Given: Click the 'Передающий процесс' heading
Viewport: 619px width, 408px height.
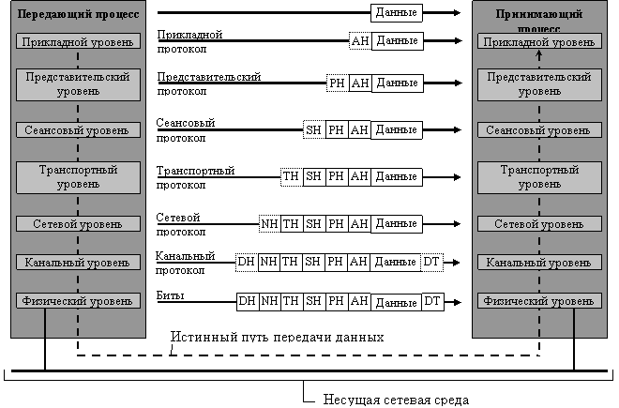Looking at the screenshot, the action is pyautogui.click(x=78, y=14).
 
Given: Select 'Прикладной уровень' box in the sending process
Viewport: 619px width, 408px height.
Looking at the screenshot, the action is pyautogui.click(x=78, y=41).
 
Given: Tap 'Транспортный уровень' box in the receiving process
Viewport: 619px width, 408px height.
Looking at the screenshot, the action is pyautogui.click(x=539, y=177).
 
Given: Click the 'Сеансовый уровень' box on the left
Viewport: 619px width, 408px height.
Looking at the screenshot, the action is pyautogui.click(x=78, y=130).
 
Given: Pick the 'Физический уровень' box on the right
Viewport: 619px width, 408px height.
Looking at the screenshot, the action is pyautogui.click(x=539, y=301).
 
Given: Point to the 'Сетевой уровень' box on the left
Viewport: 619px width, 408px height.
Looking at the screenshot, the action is pyautogui.click(x=78, y=224).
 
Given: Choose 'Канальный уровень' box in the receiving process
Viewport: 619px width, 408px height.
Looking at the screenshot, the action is pyautogui.click(x=539, y=263).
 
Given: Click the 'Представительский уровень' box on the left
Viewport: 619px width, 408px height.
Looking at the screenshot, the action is pyautogui.click(x=78, y=84).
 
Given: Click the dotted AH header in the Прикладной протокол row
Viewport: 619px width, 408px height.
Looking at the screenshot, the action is pyautogui.click(x=360, y=41).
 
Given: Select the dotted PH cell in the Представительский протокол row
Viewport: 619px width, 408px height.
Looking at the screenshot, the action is pyautogui.click(x=338, y=83).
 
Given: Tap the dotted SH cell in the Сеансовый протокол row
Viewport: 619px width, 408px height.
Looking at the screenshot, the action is pyautogui.click(x=314, y=130).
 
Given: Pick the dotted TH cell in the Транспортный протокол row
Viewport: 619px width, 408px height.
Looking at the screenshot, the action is pyautogui.click(x=292, y=176).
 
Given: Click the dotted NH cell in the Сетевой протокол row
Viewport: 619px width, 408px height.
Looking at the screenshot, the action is pyautogui.click(x=269, y=224).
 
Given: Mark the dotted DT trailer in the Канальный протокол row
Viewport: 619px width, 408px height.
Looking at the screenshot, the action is pyautogui.click(x=431, y=262).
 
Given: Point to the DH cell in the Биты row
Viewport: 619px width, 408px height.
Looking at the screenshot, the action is pyautogui.click(x=248, y=302).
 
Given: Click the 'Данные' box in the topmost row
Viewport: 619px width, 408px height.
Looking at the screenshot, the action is pyautogui.click(x=397, y=12).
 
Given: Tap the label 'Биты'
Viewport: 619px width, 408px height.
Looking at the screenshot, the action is pyautogui.click(x=170, y=295).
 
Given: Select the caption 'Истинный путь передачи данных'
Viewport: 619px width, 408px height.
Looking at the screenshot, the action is pyautogui.click(x=277, y=337).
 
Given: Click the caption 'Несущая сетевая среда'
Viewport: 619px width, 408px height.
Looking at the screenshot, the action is pyautogui.click(x=396, y=400).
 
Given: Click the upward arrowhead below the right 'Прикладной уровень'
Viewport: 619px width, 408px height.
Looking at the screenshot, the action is pyautogui.click(x=539, y=55).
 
